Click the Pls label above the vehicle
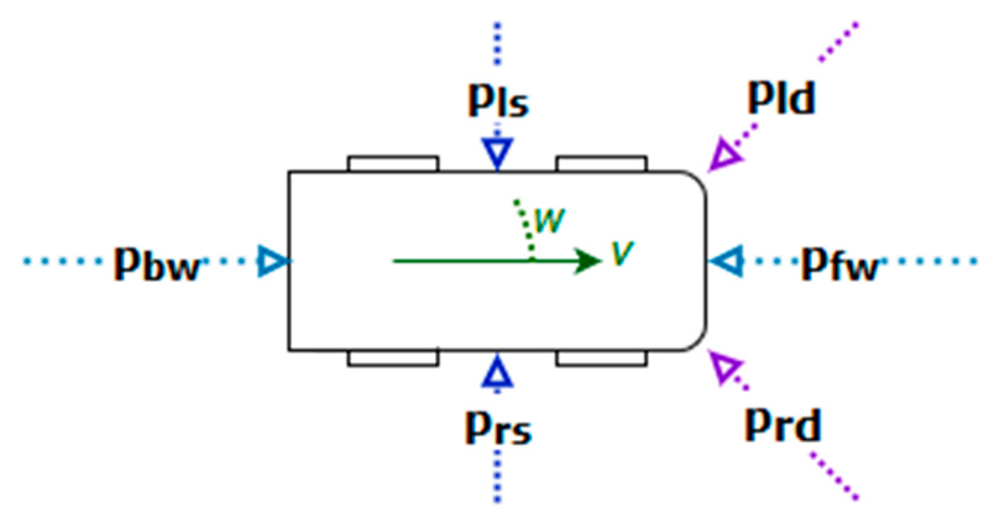click(x=498, y=101)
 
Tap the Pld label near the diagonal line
click(x=781, y=98)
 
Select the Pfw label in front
click(x=839, y=265)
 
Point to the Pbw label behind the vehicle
click(x=157, y=265)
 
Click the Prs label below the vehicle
click(x=498, y=427)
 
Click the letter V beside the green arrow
click(x=622, y=253)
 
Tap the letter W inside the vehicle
click(x=550, y=221)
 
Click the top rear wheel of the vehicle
click(x=393, y=164)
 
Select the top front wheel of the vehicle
click(x=601, y=164)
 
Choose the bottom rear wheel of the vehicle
click(x=393, y=358)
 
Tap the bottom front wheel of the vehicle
click(x=601, y=358)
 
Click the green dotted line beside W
click(x=524, y=226)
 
